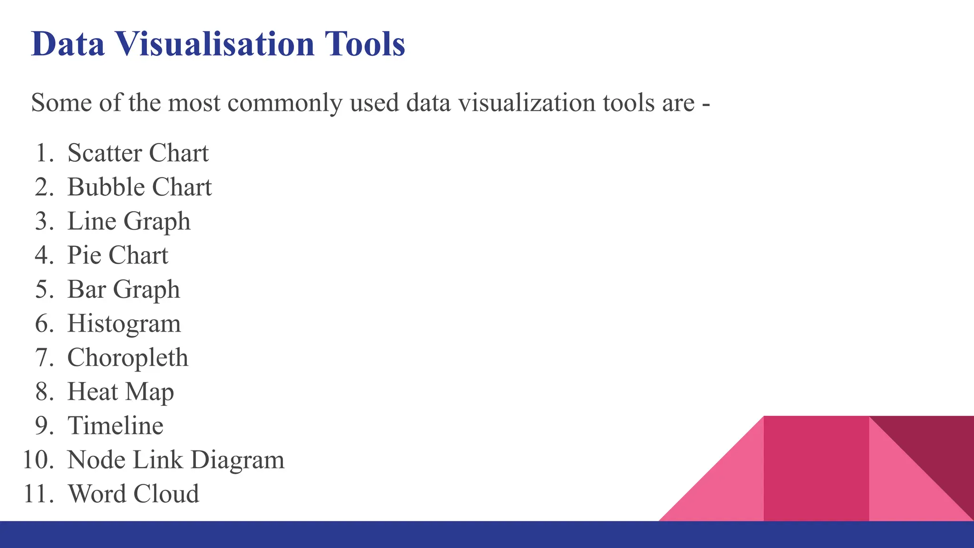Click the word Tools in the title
pyautogui.click(x=365, y=44)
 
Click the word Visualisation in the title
pyautogui.click(x=215, y=44)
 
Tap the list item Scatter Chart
pyautogui.click(x=138, y=153)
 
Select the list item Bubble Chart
pyautogui.click(x=139, y=187)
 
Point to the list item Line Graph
pyautogui.click(x=129, y=222)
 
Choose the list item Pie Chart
pyautogui.click(x=117, y=255)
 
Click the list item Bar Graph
pyautogui.click(x=124, y=290)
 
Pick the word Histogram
pyautogui.click(x=124, y=324)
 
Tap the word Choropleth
pyautogui.click(x=128, y=358)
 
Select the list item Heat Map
pyautogui.click(x=120, y=392)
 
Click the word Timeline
pyautogui.click(x=116, y=426)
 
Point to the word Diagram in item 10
pyautogui.click(x=237, y=460)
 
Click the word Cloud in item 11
pyautogui.click(x=166, y=494)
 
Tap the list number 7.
pyautogui.click(x=44, y=358)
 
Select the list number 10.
pyautogui.click(x=38, y=460)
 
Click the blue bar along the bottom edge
pyautogui.click(x=487, y=535)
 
